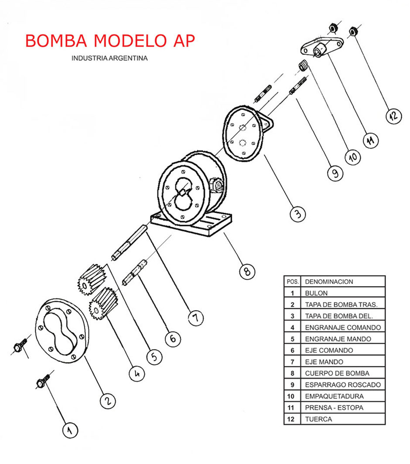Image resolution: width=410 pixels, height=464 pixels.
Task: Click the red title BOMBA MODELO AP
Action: click(x=110, y=40)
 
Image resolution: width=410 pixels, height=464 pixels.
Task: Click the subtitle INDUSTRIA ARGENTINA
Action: click(x=109, y=58)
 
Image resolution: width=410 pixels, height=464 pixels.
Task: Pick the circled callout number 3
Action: click(x=297, y=214)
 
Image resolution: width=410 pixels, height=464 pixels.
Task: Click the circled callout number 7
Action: click(x=195, y=318)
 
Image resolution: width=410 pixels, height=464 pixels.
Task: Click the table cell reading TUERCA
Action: click(x=318, y=419)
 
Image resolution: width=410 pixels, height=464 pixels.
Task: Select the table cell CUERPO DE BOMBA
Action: click(x=337, y=373)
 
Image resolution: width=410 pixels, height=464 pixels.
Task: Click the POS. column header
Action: click(x=292, y=282)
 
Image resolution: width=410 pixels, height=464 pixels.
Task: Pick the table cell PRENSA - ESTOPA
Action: click(x=334, y=408)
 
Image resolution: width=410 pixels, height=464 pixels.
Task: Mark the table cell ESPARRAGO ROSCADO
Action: click(x=342, y=385)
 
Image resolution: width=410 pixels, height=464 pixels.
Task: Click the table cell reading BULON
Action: click(x=316, y=293)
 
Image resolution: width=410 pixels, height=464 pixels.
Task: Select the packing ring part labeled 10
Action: click(x=304, y=66)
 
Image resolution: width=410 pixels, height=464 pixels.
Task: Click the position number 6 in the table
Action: click(x=292, y=350)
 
